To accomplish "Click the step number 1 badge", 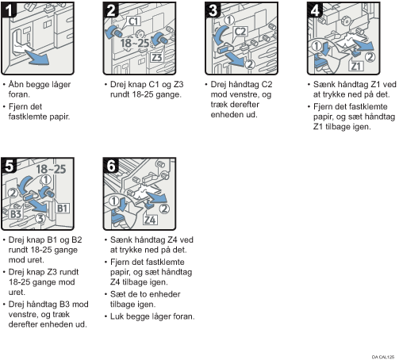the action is [x=8, y=10].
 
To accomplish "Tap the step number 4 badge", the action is [x=315, y=10].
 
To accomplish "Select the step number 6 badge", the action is [x=111, y=166].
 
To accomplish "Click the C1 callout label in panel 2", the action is [x=133, y=21].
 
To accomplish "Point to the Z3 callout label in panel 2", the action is [x=156, y=57].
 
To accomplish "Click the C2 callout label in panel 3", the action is [x=240, y=32].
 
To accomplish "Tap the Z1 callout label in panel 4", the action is [x=356, y=66].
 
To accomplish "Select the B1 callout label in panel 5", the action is [x=63, y=209].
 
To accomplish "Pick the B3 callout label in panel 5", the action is [x=16, y=214].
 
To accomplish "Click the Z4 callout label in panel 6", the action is [x=150, y=220].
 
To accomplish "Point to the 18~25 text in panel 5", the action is [x=51, y=169].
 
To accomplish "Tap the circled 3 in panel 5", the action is [x=40, y=219].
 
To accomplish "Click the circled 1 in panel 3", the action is [x=229, y=20].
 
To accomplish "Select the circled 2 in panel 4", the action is [x=370, y=57].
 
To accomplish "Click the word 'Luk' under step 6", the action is [x=117, y=316].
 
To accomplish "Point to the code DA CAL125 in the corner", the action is [x=383, y=357].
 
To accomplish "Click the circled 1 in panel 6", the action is [x=113, y=201].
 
